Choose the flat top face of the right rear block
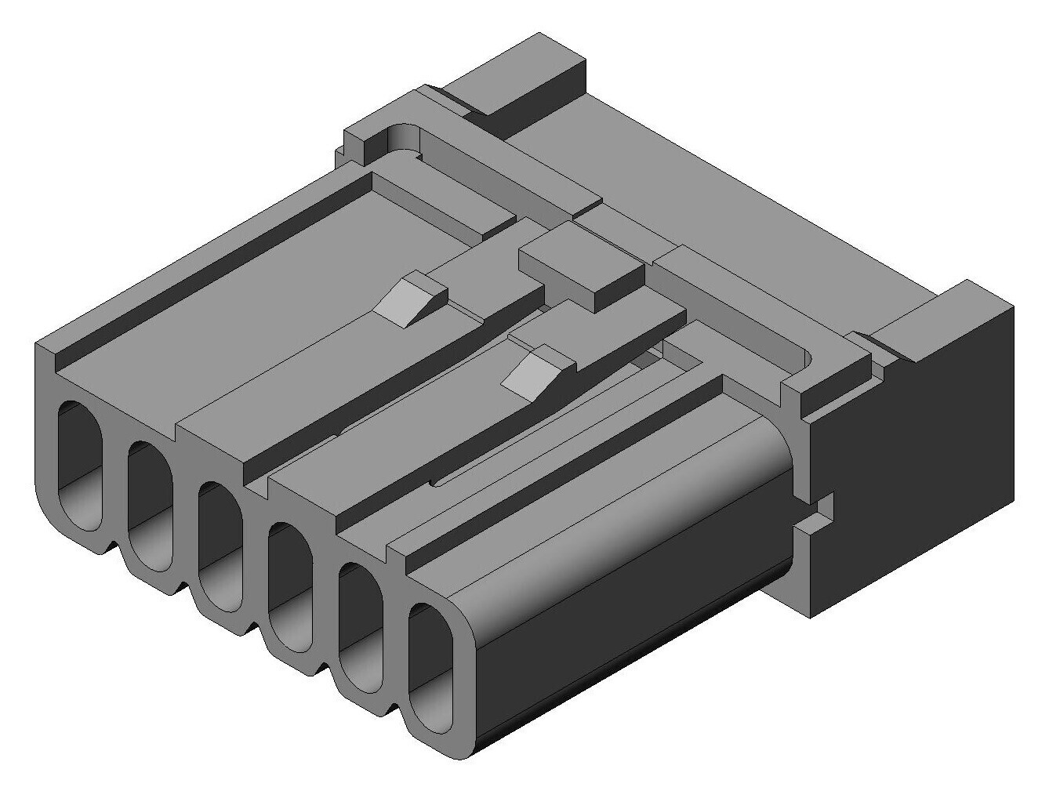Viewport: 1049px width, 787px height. [941, 314]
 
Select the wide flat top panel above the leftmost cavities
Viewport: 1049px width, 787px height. [259, 314]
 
